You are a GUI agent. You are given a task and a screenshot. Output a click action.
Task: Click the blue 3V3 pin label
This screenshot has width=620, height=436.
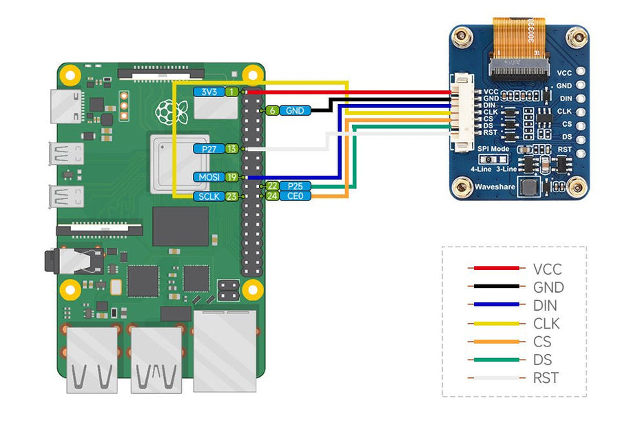[x=208, y=92]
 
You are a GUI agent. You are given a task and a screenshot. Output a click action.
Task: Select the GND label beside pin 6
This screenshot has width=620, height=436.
[x=295, y=110]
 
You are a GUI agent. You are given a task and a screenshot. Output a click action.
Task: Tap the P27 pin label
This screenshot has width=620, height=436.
[x=208, y=149]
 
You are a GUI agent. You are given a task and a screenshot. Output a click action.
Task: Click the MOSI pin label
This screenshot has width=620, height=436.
[x=208, y=177]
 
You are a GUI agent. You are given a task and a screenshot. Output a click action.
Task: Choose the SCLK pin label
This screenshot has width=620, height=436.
[x=208, y=196]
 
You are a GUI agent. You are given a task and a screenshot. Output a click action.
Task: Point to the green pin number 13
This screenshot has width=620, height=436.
[x=232, y=149]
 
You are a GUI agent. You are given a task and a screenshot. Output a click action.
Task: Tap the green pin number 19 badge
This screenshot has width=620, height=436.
[x=232, y=177]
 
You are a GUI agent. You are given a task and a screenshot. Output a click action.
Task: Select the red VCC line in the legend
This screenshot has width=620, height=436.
[x=493, y=269]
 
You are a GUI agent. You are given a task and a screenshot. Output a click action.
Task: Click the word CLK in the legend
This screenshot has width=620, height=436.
[x=546, y=324]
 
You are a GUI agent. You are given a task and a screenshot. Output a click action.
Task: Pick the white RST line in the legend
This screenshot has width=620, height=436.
[x=493, y=378]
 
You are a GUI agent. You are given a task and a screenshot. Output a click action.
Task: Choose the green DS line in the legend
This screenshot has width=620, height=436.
[x=493, y=360]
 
